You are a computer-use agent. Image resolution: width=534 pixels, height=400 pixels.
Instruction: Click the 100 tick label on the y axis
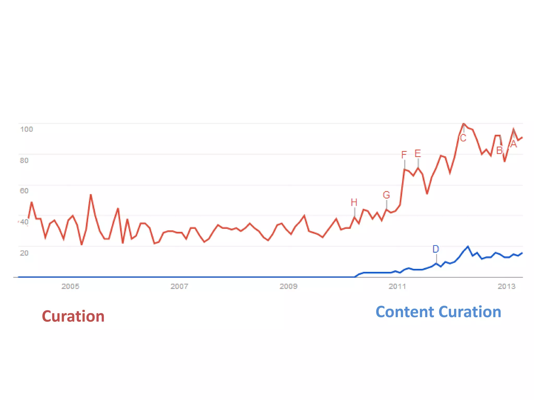(x=27, y=129)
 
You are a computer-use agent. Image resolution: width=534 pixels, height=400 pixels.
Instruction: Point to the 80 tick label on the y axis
(x=24, y=160)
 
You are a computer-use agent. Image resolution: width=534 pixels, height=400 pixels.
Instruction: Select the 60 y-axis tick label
(x=24, y=191)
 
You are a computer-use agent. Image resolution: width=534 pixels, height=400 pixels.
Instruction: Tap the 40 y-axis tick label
(x=24, y=222)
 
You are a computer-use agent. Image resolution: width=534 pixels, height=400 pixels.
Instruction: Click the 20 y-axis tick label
(x=24, y=253)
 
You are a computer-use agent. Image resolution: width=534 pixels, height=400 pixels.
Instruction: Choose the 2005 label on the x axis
(x=70, y=286)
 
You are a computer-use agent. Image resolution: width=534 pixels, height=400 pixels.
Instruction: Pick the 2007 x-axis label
(x=179, y=286)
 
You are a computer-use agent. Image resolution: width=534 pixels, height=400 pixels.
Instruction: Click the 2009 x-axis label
(x=288, y=286)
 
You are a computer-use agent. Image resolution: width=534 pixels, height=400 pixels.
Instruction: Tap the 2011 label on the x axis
(x=397, y=286)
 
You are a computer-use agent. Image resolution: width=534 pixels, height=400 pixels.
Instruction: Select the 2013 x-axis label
(x=506, y=286)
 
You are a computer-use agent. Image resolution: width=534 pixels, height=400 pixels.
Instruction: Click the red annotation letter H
(x=354, y=202)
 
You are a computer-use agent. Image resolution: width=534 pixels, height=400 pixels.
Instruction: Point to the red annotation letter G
(x=386, y=195)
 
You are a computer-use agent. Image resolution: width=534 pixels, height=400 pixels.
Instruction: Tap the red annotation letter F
(x=404, y=155)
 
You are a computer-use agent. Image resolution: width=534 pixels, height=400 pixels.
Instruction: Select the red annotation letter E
(x=418, y=153)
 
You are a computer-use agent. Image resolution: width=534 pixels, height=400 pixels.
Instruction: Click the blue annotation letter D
(x=436, y=249)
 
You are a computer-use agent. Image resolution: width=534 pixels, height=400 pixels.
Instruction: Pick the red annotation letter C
(x=463, y=138)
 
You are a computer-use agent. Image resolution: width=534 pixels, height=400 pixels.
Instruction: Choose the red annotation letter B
(x=499, y=151)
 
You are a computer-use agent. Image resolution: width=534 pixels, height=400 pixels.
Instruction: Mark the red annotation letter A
(x=513, y=144)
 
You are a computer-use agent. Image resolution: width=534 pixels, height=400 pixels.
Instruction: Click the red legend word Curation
(x=73, y=316)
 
